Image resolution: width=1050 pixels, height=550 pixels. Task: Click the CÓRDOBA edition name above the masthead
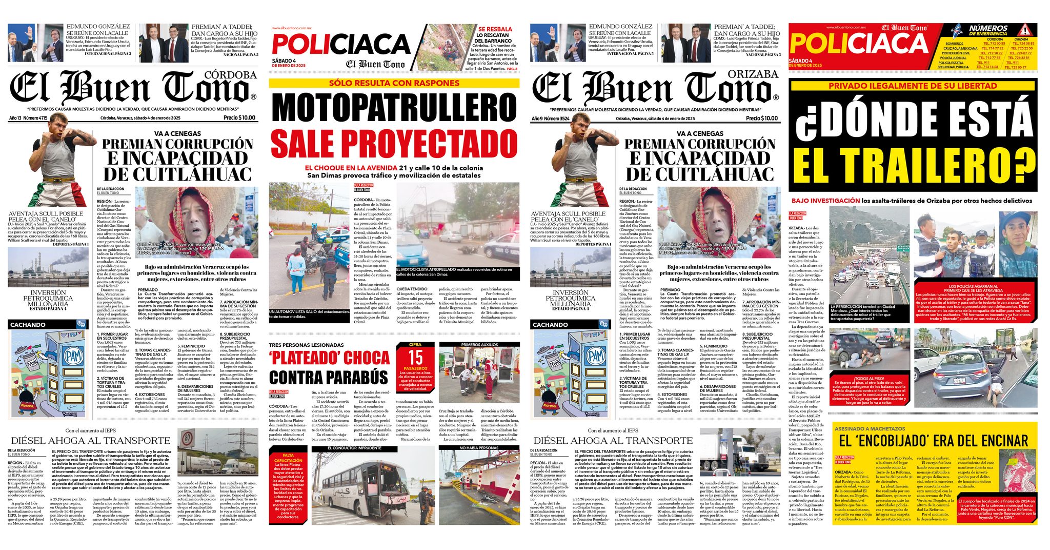pos(230,75)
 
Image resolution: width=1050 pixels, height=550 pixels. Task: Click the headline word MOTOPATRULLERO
pos(394,108)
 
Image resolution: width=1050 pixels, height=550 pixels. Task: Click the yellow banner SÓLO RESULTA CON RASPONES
pos(394,83)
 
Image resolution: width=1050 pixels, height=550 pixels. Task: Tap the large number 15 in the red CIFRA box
pos(415,357)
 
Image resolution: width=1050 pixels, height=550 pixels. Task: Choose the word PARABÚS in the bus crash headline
pos(354,377)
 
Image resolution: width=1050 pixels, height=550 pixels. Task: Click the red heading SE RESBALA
pos(495,29)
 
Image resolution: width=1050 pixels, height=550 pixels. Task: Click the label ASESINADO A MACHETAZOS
pos(870,428)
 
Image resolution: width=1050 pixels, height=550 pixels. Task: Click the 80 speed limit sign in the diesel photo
pos(187,438)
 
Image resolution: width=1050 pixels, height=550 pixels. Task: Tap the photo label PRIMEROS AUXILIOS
pos(479,345)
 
